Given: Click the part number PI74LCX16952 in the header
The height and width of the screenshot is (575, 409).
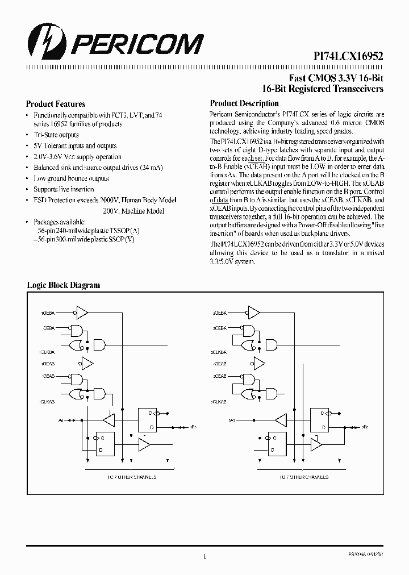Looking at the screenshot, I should tap(348, 56).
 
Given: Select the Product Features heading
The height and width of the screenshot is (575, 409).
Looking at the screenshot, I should tap(56, 104).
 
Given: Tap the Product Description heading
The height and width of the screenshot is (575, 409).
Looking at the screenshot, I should tap(244, 103).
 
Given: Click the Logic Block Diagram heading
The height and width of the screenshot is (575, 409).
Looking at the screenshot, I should tap(64, 285).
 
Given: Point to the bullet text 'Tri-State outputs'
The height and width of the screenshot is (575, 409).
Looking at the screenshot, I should tap(56, 135).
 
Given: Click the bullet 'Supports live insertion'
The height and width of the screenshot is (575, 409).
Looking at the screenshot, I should tap(64, 189).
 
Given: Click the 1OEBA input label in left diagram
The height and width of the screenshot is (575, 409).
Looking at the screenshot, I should tap(48, 312).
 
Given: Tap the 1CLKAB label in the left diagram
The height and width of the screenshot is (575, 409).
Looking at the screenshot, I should tap(47, 402).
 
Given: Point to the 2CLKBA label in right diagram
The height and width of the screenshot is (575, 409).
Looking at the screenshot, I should tap(220, 352).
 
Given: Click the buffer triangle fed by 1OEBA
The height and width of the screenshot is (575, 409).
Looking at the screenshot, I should tap(82, 312).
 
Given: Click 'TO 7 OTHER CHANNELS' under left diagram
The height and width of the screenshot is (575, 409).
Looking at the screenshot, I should tap(132, 477).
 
